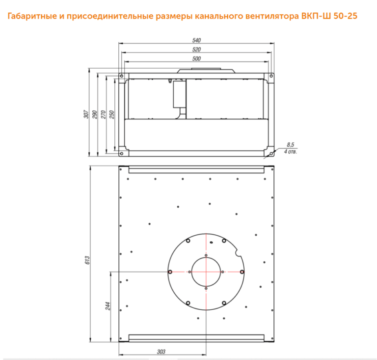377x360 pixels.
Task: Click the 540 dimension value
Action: [196, 40]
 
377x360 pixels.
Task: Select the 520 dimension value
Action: [196, 49]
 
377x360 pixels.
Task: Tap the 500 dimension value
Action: [196, 58]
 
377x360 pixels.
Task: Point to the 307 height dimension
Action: [86, 114]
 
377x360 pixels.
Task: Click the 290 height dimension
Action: [94, 114]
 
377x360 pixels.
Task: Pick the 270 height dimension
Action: [103, 114]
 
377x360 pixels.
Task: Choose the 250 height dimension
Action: [111, 114]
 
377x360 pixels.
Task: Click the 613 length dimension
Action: [87, 260]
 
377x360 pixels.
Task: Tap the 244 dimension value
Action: [108, 306]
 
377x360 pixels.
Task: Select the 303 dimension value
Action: [161, 352]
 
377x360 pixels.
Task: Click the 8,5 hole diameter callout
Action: [291, 144]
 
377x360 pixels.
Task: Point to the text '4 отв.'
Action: [291, 152]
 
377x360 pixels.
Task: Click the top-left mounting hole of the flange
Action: [122, 76]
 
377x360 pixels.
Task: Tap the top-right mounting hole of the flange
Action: [271, 76]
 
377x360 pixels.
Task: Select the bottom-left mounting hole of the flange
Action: [122, 153]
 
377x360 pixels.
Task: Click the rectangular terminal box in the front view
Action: [179, 94]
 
